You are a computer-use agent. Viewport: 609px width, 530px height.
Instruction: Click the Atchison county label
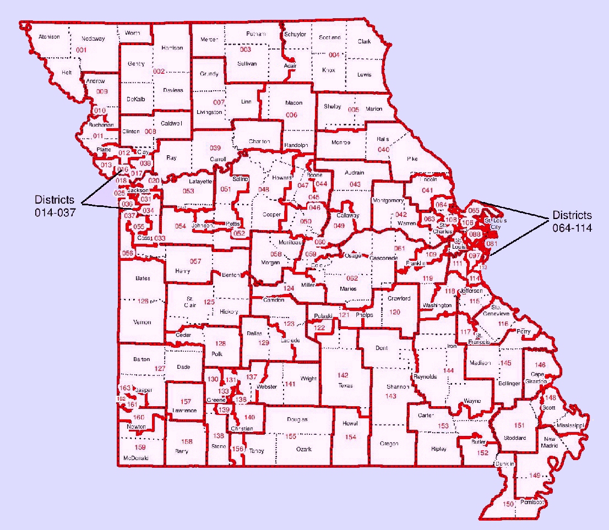click(x=49, y=37)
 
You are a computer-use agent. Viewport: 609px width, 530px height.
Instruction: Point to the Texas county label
click(x=345, y=386)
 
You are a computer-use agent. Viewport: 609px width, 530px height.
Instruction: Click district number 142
click(x=342, y=375)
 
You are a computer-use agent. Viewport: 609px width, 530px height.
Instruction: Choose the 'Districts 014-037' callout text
click(x=56, y=205)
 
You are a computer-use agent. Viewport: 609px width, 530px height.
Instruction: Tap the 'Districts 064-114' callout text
click(x=573, y=221)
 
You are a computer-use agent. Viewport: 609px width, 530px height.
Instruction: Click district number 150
click(x=508, y=504)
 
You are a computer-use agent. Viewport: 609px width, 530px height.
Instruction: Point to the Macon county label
click(x=293, y=103)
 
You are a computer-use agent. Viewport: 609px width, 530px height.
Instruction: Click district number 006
click(x=291, y=114)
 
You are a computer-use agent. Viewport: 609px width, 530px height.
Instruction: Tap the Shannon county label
click(x=397, y=386)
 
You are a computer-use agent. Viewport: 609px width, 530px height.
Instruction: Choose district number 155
click(x=291, y=436)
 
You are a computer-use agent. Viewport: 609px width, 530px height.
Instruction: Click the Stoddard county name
click(x=515, y=438)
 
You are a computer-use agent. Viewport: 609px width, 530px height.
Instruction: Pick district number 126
click(x=143, y=301)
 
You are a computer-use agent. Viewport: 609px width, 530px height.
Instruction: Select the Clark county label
click(x=364, y=41)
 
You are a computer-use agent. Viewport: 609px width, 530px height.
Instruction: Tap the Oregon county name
click(x=389, y=444)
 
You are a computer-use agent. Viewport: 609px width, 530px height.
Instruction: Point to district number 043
click(x=355, y=184)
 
